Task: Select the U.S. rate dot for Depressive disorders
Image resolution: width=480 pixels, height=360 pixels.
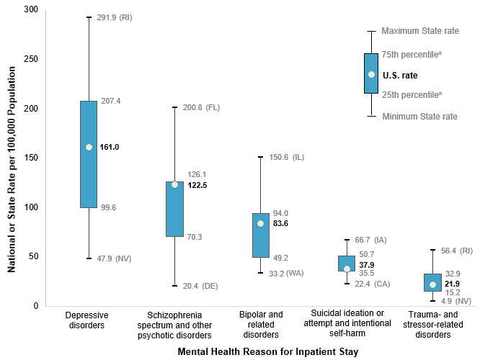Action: (89, 147)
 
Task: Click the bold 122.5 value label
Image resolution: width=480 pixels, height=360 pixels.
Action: (198, 185)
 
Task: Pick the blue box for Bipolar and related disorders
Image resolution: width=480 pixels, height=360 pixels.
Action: (261, 235)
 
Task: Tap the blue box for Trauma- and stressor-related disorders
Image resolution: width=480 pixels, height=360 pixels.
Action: (432, 282)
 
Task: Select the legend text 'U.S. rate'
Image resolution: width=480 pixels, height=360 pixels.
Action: (400, 75)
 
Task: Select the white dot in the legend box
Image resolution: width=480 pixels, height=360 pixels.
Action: (371, 74)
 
